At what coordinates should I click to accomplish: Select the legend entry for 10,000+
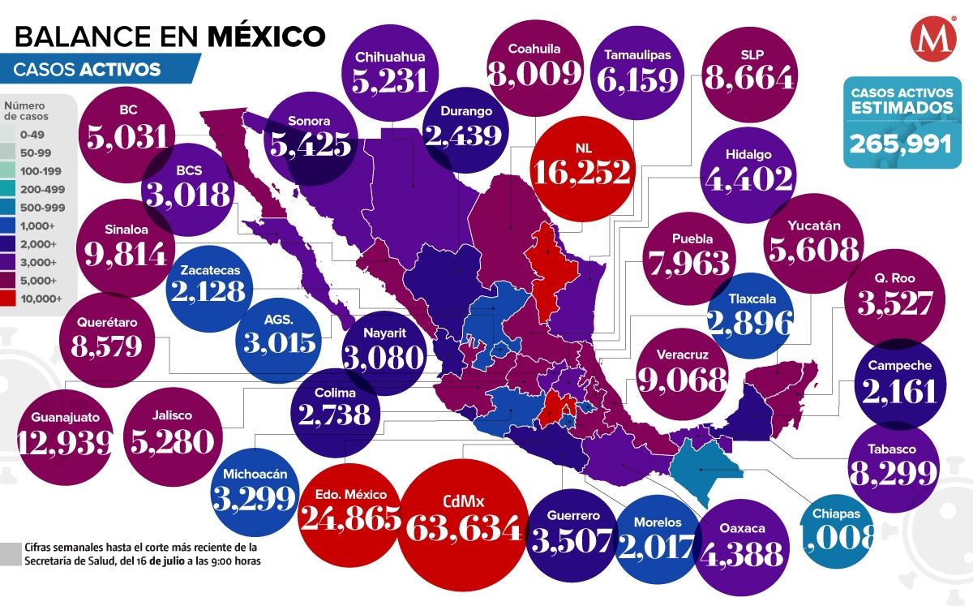coord(42,299)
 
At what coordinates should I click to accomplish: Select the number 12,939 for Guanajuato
coord(66,442)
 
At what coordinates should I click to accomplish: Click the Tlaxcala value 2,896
coord(750,324)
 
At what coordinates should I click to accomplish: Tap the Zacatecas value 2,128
coord(210,293)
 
